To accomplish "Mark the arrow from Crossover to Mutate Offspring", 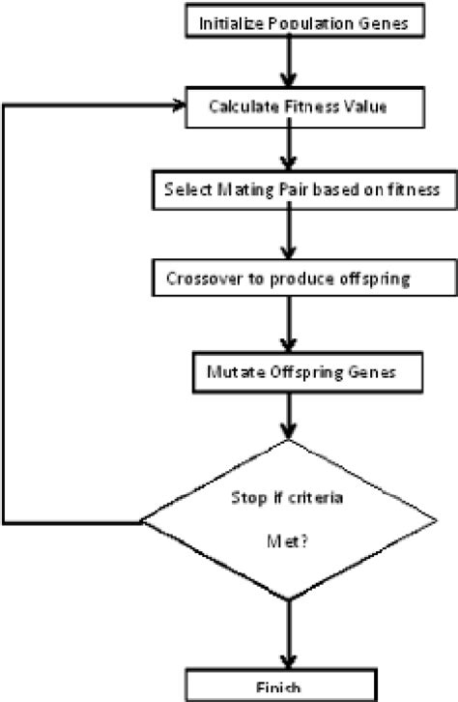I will tap(287, 324).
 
